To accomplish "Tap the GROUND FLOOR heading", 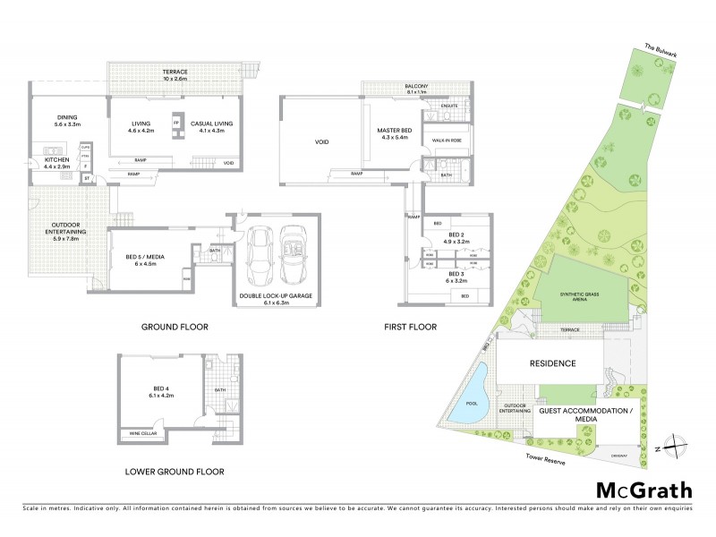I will click(175, 328).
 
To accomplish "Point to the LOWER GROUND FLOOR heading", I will click(175, 471).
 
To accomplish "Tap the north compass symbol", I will click(679, 446).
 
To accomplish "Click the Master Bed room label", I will click(395, 133).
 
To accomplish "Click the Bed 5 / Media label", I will click(144, 263).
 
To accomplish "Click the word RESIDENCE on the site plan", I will click(552, 363).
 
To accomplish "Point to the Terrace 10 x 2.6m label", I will click(175, 75).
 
